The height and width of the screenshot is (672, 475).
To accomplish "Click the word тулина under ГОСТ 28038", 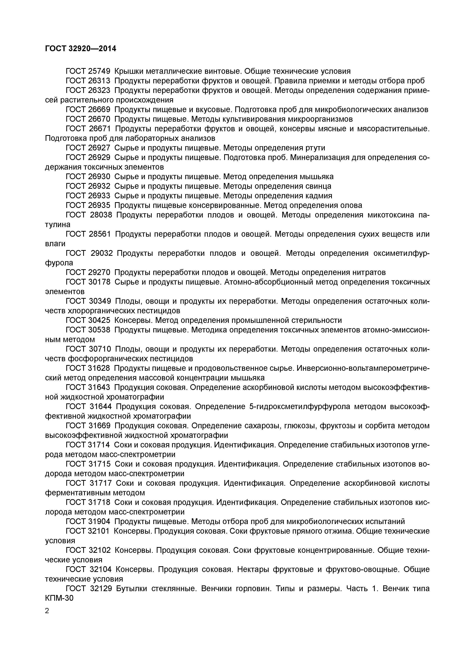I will (58, 225).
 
